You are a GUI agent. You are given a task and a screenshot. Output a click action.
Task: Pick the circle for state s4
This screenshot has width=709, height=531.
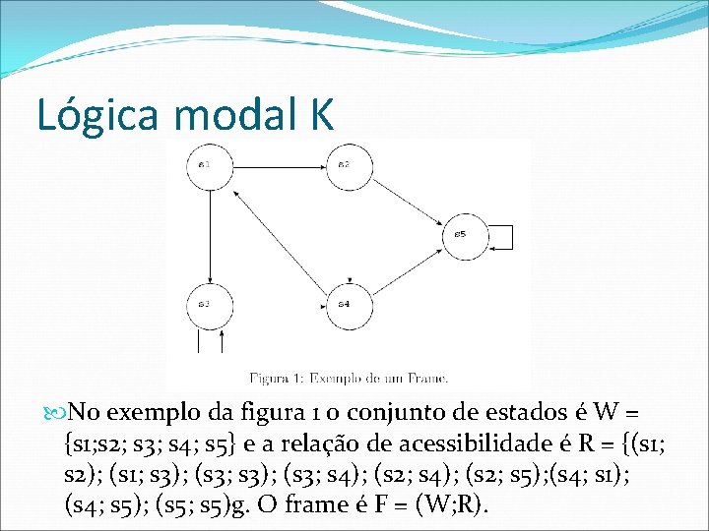click(x=345, y=305)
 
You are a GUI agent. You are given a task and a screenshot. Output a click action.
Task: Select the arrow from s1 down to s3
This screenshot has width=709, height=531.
click(x=211, y=236)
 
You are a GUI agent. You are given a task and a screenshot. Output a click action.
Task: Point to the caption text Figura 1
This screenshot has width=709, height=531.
click(x=280, y=377)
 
